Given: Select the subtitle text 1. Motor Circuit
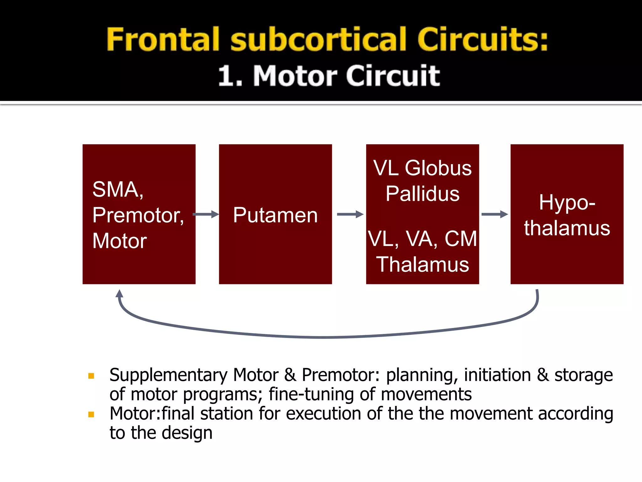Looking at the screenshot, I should [x=329, y=76].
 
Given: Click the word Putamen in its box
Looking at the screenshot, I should [x=275, y=215].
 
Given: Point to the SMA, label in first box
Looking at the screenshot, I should [x=118, y=189].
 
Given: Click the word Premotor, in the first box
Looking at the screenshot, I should [x=138, y=215].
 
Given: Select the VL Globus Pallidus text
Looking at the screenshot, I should [x=422, y=180].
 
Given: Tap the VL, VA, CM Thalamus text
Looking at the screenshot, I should [x=422, y=251].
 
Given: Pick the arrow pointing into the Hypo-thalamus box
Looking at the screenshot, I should [x=494, y=214].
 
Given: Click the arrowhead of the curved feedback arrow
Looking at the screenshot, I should [x=119, y=294].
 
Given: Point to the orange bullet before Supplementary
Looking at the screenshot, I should [x=91, y=376].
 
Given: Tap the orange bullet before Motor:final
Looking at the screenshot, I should [x=91, y=415].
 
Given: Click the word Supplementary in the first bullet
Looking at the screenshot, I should [x=168, y=375].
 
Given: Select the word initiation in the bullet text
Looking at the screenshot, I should [x=497, y=375].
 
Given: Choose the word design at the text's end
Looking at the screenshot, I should [x=187, y=433].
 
